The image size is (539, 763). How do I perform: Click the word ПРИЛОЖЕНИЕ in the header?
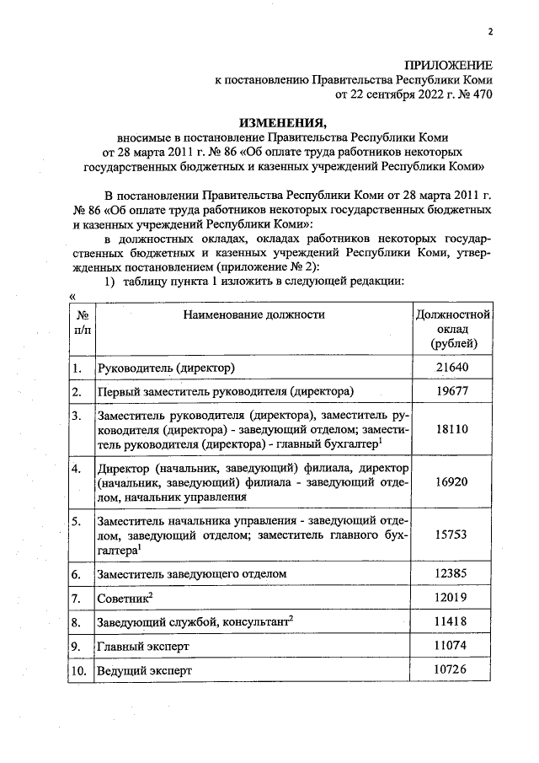click(x=449, y=66)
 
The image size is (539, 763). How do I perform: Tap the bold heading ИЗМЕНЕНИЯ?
click(x=281, y=121)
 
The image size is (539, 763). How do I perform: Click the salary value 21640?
click(x=452, y=368)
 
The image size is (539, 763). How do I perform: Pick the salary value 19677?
click(x=452, y=391)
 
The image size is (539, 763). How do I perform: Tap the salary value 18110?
click(x=452, y=429)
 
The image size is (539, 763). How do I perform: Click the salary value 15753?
click(x=452, y=534)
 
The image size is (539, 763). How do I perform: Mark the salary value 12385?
click(x=452, y=573)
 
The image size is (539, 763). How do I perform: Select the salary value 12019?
click(x=452, y=598)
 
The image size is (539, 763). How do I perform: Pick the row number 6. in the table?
click(x=77, y=574)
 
